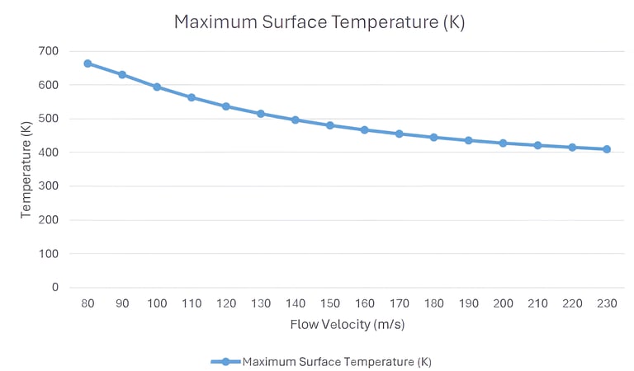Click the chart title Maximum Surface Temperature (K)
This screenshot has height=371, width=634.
click(319, 22)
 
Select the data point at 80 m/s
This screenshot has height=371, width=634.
click(88, 63)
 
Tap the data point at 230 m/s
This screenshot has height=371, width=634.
click(607, 149)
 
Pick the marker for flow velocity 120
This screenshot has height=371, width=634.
click(226, 106)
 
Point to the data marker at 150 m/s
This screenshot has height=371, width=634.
click(329, 125)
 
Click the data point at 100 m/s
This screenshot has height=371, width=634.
click(157, 87)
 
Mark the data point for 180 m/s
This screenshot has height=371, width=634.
click(433, 137)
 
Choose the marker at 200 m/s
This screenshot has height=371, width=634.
click(503, 143)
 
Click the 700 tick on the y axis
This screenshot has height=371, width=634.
click(49, 51)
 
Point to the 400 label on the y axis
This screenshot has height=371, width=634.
click(49, 153)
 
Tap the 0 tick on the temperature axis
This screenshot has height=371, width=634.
click(55, 288)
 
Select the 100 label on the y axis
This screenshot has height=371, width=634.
click(49, 254)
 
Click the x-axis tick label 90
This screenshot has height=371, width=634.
click(122, 303)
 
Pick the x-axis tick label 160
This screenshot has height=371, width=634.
click(364, 303)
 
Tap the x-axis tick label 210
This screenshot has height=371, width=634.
click(537, 303)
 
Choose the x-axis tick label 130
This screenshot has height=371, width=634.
click(261, 303)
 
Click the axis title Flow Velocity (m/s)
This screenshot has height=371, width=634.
click(347, 325)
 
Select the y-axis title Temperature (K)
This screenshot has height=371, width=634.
click(26, 169)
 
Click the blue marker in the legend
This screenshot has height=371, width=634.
click(225, 362)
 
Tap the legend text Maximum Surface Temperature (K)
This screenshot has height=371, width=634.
click(337, 362)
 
